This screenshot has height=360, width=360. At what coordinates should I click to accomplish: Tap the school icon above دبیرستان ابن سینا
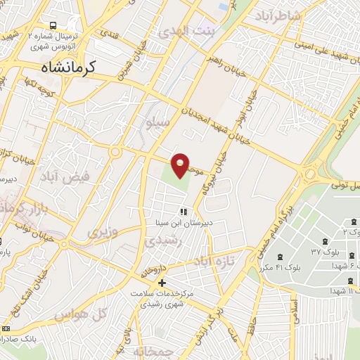click(x=183, y=211)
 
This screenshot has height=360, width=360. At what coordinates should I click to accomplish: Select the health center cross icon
click(x=163, y=282)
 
